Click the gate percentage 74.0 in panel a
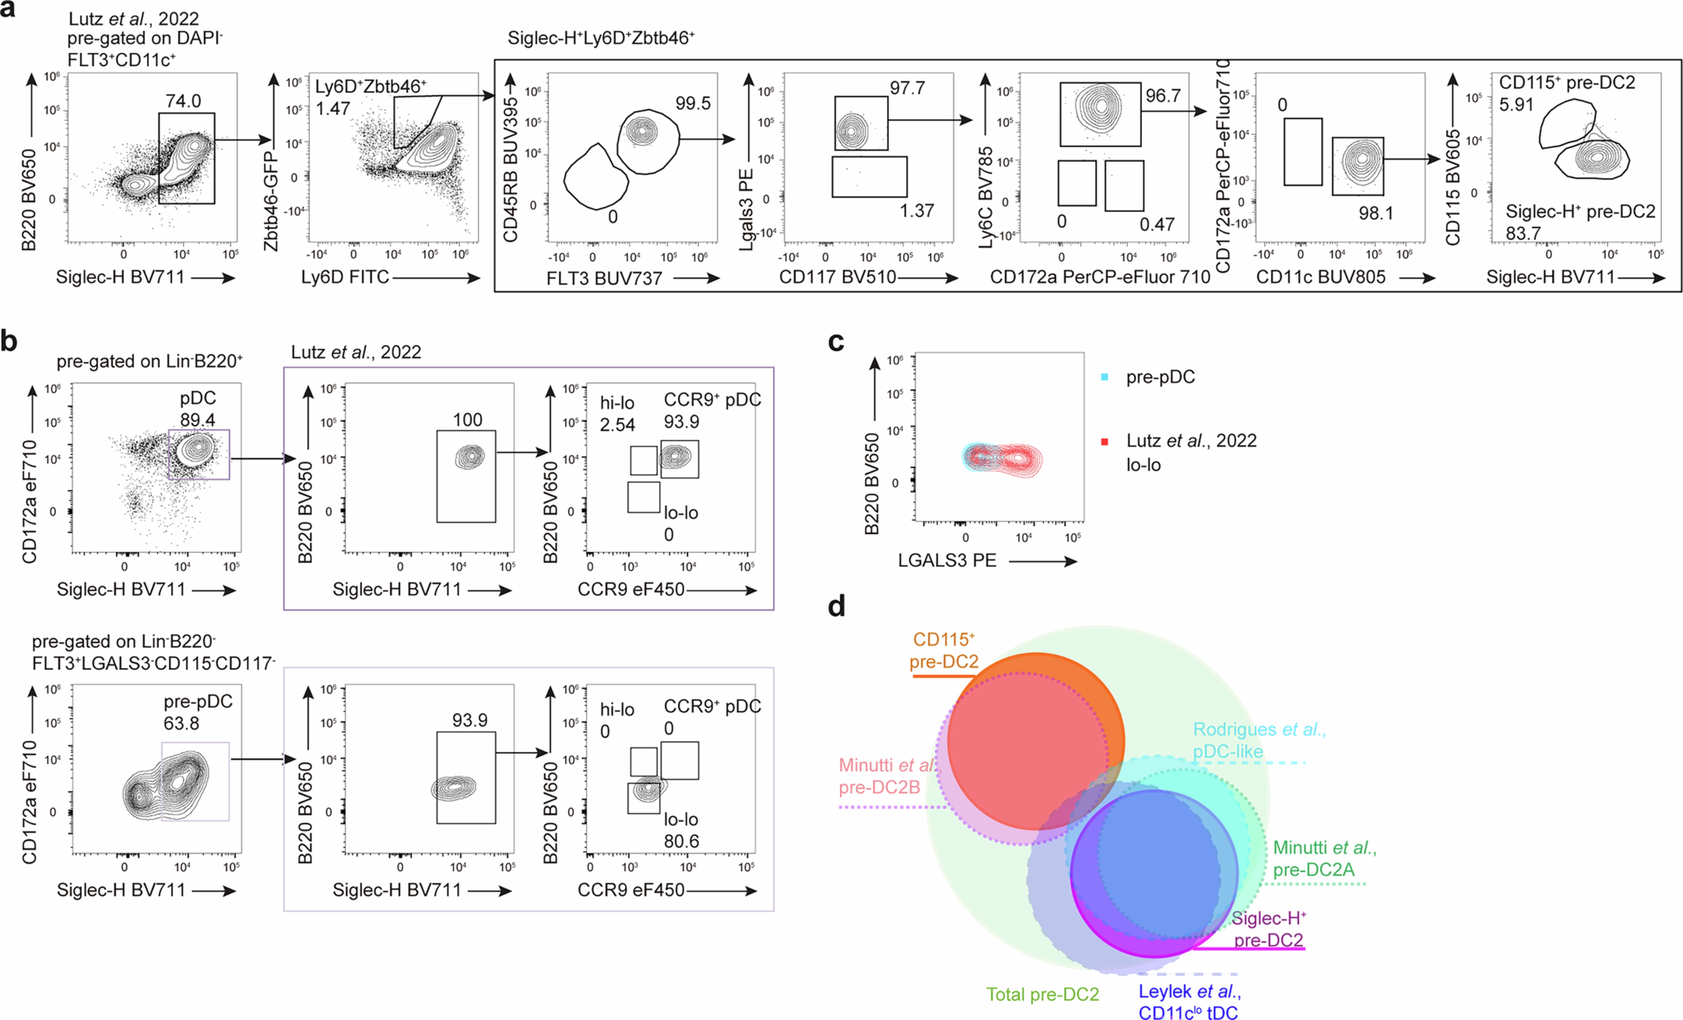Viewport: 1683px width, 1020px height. pos(183,101)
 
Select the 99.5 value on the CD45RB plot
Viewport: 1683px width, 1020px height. pos(693,103)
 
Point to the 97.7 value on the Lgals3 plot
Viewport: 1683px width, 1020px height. pos(907,88)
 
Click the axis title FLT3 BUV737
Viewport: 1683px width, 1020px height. pos(604,278)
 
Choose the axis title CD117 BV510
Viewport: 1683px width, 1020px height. pos(837,277)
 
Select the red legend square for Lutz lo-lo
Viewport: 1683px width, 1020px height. pos(1104,441)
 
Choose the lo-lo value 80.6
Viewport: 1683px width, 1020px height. pos(681,841)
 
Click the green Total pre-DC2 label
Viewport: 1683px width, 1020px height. pos(1042,994)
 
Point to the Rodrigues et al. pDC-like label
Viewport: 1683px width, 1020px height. pos(1259,740)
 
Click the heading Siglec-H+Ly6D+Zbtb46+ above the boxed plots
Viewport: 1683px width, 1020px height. pos(601,38)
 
